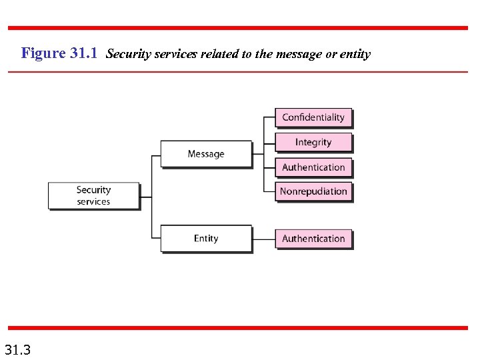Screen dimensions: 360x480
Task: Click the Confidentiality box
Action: click(x=313, y=117)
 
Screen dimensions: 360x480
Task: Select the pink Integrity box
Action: click(x=313, y=142)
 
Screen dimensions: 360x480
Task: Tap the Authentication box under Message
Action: click(x=313, y=167)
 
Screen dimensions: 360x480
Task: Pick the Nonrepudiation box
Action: click(x=313, y=191)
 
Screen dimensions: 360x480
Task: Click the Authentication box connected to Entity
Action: click(x=313, y=239)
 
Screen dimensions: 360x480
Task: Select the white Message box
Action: click(x=206, y=154)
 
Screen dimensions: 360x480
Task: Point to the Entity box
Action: click(x=206, y=239)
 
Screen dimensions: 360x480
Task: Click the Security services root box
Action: click(x=93, y=196)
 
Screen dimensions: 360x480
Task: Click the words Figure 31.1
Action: click(x=60, y=53)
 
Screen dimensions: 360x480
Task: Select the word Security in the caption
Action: click(x=127, y=54)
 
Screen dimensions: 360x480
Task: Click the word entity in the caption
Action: click(x=355, y=54)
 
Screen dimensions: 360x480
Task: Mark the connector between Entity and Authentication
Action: click(x=264, y=239)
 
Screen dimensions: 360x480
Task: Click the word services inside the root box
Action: click(x=93, y=202)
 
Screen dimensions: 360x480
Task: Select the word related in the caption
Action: click(x=219, y=54)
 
